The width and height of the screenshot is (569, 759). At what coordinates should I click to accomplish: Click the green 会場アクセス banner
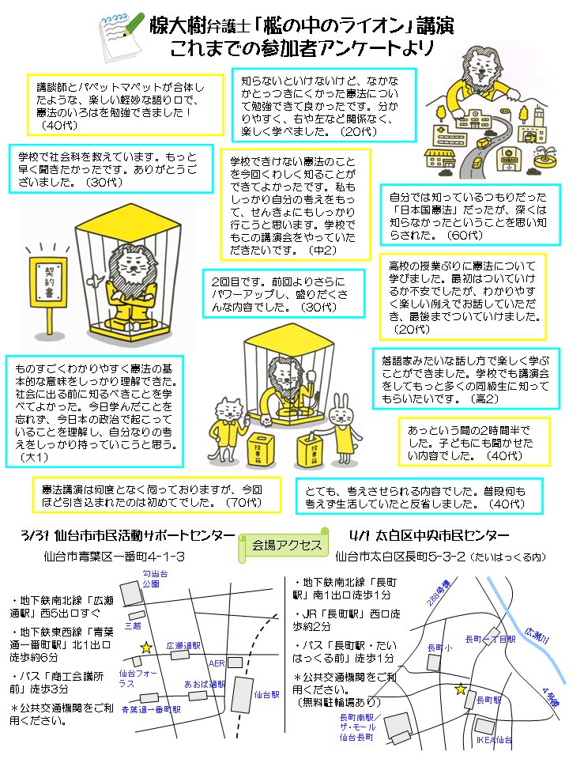[287, 546]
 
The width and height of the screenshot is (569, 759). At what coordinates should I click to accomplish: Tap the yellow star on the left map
[146, 648]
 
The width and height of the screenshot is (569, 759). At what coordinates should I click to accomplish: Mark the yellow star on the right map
[461, 689]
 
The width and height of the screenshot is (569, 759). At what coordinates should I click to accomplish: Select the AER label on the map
[217, 662]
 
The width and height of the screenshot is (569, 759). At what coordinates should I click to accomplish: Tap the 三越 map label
[133, 625]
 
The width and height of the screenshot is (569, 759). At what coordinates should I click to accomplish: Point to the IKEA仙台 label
[494, 740]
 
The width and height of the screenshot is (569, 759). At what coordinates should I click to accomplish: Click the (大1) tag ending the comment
[33, 457]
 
